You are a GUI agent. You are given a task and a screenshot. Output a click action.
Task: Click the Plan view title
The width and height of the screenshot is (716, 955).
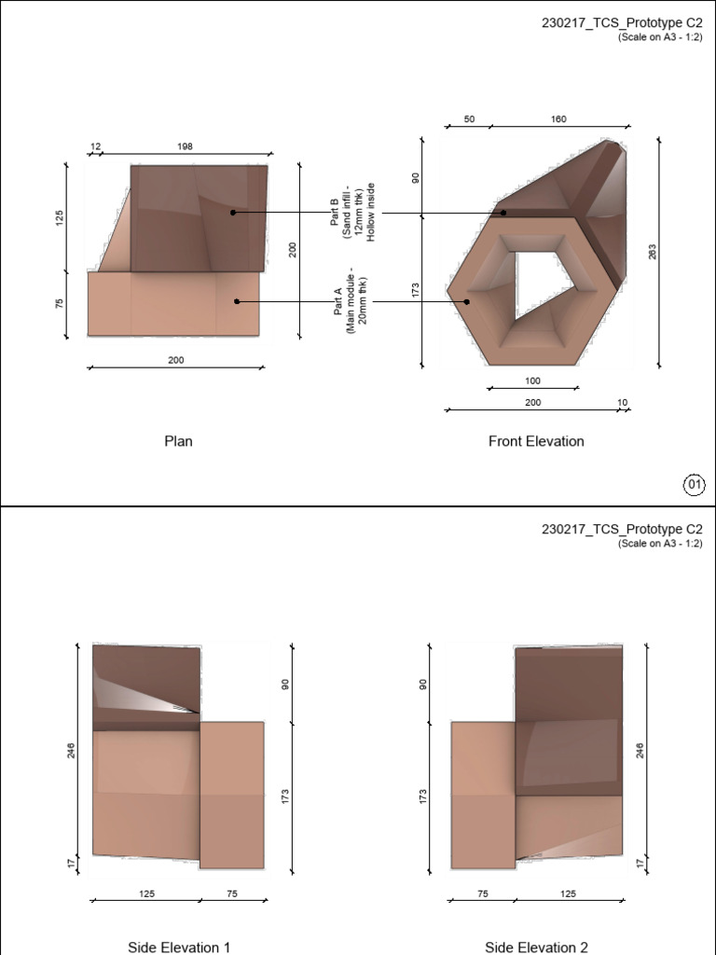click(x=178, y=441)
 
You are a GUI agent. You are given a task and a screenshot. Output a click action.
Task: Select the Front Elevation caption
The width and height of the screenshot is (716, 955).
click(x=536, y=441)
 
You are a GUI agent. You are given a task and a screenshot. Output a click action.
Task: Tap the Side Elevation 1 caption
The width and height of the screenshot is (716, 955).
click(x=179, y=947)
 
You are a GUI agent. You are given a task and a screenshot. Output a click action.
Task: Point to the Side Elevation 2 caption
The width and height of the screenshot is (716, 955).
click(x=536, y=947)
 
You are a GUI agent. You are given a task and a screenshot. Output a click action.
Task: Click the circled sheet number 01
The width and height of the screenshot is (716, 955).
click(x=695, y=484)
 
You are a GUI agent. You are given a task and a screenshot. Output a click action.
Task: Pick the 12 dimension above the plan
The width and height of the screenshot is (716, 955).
click(x=95, y=146)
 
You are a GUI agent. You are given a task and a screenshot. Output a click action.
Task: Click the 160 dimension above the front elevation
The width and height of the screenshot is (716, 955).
click(x=558, y=119)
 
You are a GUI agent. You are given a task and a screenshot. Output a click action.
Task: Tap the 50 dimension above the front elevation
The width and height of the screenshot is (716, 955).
click(x=469, y=119)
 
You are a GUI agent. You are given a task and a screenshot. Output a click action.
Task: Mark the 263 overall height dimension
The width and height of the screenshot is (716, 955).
click(x=653, y=252)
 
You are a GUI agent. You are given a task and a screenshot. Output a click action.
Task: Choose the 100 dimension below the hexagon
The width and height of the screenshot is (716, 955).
click(x=532, y=381)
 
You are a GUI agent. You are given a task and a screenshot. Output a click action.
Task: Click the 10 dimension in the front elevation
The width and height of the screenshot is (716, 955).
click(x=622, y=403)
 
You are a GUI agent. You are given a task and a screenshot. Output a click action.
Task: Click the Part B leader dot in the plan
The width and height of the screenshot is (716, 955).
click(x=233, y=213)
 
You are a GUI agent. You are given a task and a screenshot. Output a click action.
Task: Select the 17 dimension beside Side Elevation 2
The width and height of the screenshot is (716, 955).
click(x=640, y=863)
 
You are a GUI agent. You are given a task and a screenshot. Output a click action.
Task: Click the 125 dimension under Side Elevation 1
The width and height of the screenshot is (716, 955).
click(x=146, y=893)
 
